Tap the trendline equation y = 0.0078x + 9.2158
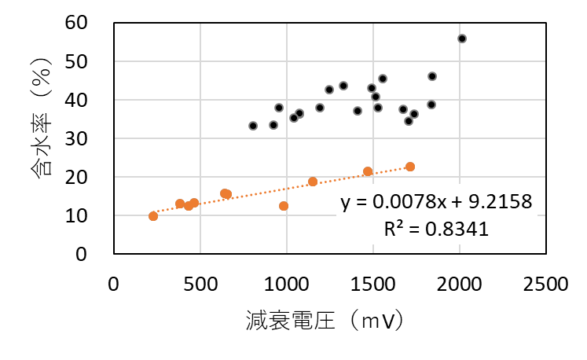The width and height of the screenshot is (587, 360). point(437,203)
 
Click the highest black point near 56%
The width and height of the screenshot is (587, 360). point(462,39)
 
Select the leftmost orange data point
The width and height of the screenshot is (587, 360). point(153,216)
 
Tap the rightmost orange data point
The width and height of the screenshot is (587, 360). point(410,167)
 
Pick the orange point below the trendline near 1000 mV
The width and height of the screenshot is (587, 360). point(284,206)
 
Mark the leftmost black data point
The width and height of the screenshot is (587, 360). point(253,126)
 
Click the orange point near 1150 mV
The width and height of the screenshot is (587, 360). point(313,182)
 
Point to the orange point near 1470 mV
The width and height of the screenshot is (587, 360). point(368,171)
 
